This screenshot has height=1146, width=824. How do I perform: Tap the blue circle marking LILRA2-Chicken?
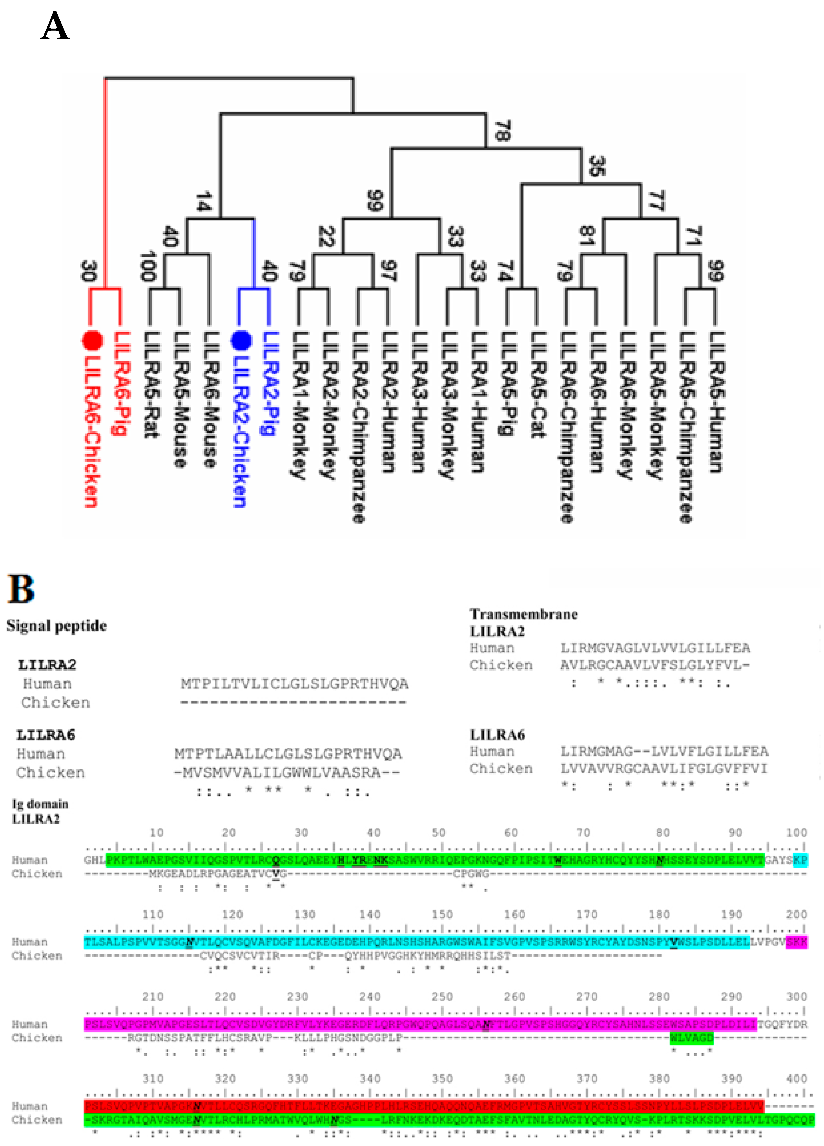pyautogui.click(x=241, y=340)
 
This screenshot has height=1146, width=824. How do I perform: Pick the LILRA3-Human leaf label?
pyautogui.click(x=418, y=402)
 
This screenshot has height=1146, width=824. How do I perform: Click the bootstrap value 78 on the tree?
pyautogui.click(x=502, y=130)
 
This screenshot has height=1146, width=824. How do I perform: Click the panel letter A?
pyautogui.click(x=55, y=26)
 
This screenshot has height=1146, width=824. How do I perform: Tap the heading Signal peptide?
pyautogui.click(x=57, y=626)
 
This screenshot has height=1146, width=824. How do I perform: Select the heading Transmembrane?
pyautogui.click(x=524, y=614)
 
